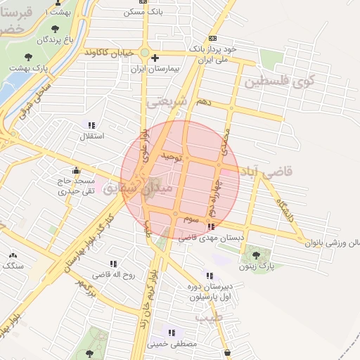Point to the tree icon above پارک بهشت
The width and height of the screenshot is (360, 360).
click(x=28, y=56)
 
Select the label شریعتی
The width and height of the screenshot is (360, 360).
click(x=167, y=101)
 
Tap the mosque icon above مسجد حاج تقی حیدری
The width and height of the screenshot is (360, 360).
click(x=76, y=169)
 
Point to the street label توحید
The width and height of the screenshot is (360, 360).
click(x=171, y=157)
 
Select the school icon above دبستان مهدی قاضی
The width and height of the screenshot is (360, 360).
click(x=212, y=226)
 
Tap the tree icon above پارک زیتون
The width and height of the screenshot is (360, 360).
click(x=255, y=256)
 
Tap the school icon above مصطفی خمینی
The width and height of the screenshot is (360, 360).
click(x=172, y=333)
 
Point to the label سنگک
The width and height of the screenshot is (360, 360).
click(x=12, y=266)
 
